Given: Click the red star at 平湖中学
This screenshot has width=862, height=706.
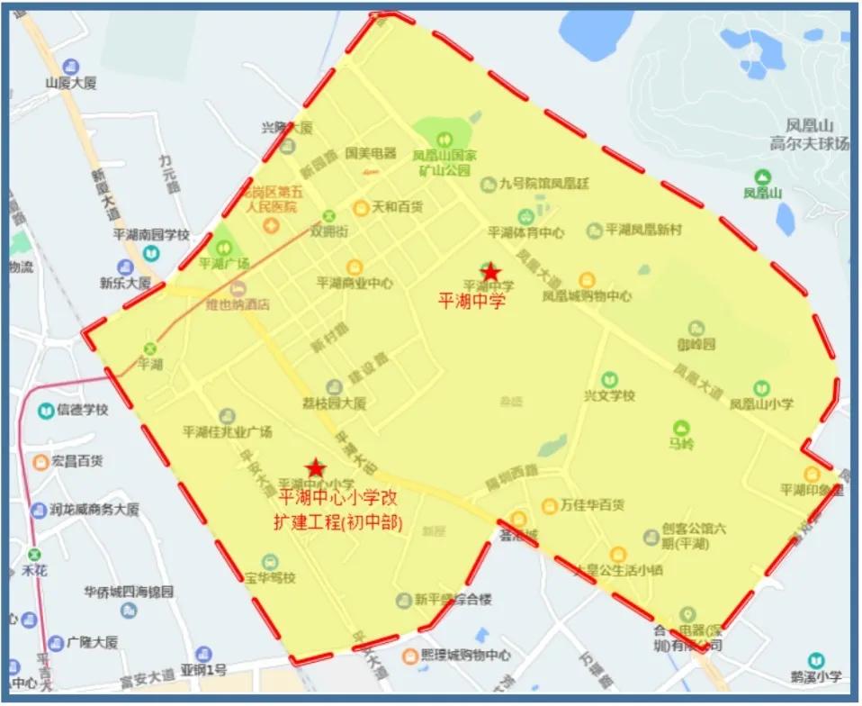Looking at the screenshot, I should point(490,272).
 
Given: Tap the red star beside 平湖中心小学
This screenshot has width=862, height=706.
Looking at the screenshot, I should point(316,468).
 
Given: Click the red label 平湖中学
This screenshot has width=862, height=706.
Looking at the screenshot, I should point(471,301).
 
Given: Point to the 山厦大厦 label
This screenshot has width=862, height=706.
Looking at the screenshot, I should point(71,83).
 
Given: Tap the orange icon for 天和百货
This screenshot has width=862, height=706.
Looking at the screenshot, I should point(361,207).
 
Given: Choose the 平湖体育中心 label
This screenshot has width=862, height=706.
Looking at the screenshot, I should point(532,232).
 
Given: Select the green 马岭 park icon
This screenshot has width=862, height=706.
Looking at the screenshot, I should point(681,428).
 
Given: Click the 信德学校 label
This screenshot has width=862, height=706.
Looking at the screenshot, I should point(83,411).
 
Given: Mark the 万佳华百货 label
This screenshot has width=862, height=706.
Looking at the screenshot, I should point(592,505).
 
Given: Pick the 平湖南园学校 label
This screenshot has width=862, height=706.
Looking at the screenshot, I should point(151,235).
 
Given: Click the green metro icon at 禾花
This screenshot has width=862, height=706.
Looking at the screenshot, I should point(34,554).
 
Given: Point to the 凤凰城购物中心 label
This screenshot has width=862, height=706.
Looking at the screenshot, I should point(587,296).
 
